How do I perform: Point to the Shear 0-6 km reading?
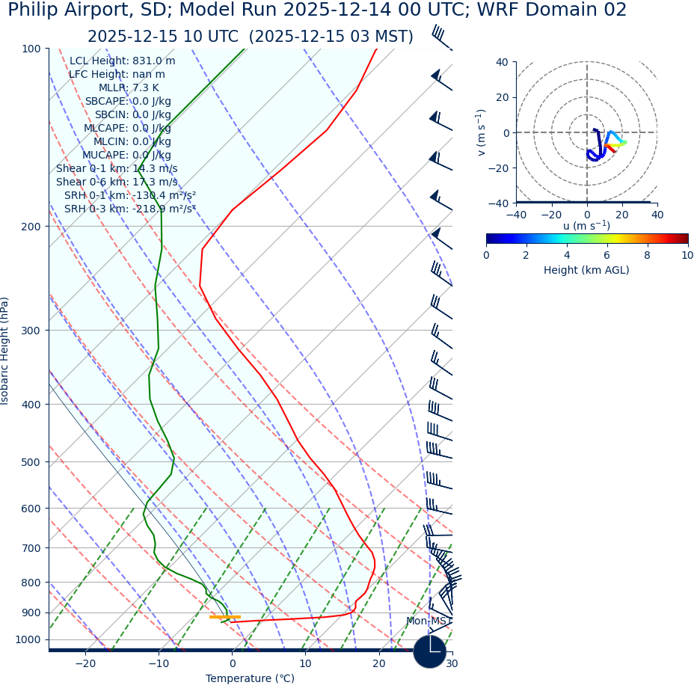pos(117,182)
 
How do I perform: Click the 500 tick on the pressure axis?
pos(31,462)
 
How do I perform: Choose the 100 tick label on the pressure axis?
pos(31,49)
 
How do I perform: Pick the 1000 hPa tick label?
pos(28,639)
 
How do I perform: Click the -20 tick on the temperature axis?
pos(85,664)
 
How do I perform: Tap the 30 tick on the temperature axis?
pos(452,664)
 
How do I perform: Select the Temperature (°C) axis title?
pos(250,679)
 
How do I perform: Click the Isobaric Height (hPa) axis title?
pos(5,351)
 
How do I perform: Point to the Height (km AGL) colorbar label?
pos(586,270)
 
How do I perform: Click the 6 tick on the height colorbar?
pos(607,255)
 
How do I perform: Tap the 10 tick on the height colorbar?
pos(687,255)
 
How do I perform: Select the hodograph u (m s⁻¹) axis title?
pos(586,226)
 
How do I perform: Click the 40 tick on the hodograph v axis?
pos(502,62)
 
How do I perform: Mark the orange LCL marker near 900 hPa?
pos(224,617)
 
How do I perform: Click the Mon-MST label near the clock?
pos(426,621)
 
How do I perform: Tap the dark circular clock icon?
pos(429,651)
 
